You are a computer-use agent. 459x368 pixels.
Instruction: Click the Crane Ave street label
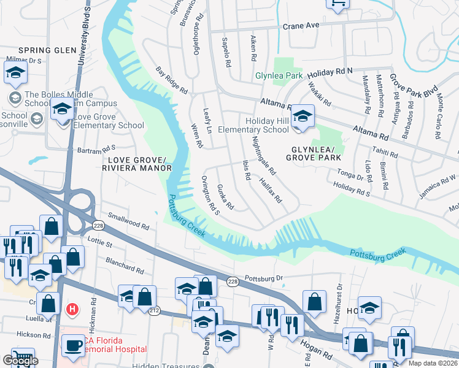click(x=301, y=26)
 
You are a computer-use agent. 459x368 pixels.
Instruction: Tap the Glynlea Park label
click(x=279, y=75)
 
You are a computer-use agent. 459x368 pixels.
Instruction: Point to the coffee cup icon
click(x=74, y=345)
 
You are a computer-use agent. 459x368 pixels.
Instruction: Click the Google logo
click(x=20, y=361)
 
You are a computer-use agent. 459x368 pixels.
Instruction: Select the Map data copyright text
click(x=432, y=362)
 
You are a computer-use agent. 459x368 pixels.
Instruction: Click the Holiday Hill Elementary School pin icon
click(x=302, y=115)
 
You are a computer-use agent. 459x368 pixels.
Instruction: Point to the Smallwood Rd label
click(x=128, y=221)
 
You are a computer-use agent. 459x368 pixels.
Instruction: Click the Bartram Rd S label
click(x=96, y=148)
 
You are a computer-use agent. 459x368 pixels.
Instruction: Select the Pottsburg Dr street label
click(x=263, y=278)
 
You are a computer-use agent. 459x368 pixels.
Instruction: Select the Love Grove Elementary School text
click(x=109, y=121)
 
